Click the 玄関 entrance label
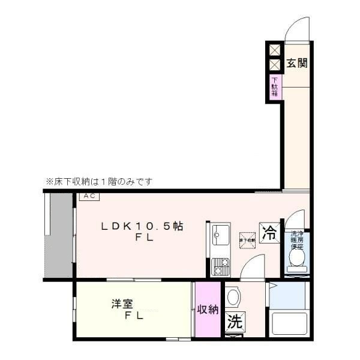click(296, 62)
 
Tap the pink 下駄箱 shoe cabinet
click(274, 88)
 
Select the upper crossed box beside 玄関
click(274, 50)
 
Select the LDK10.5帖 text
click(142, 227)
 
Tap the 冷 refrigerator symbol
click(268, 232)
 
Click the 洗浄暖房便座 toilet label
click(296, 239)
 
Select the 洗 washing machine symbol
click(235, 321)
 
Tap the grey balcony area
click(59, 235)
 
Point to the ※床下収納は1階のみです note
click(99, 181)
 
